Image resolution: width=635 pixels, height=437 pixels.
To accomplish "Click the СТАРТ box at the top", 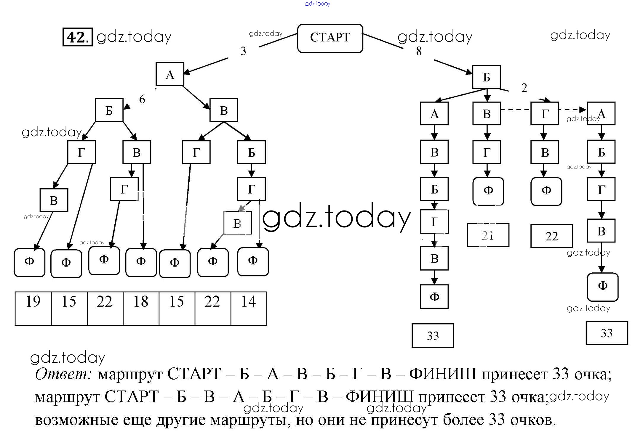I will pyautogui.click(x=330, y=38).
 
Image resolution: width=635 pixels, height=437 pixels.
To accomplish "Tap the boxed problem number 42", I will pyautogui.click(x=77, y=37).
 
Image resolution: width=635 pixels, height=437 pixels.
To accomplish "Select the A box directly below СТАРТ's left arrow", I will pyautogui.click(x=170, y=74).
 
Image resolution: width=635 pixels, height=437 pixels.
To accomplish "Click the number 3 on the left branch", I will pyautogui.click(x=243, y=51).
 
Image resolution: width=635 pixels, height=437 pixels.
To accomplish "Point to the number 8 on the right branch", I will pyautogui.click(x=419, y=51).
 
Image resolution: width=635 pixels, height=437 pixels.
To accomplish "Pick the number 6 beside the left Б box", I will pyautogui.click(x=142, y=99).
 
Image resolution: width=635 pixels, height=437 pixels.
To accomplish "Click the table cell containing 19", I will pyautogui.click(x=33, y=308).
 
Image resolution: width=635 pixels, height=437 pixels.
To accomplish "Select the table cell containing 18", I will pyautogui.click(x=141, y=308).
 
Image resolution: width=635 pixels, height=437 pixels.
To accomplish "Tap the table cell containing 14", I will pyautogui.click(x=248, y=308).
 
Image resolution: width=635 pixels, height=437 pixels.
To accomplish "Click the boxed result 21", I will pyautogui.click(x=488, y=235).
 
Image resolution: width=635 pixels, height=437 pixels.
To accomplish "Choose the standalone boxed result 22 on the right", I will pyautogui.click(x=551, y=236).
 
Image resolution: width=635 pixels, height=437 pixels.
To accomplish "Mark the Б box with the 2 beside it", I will pyautogui.click(x=486, y=77).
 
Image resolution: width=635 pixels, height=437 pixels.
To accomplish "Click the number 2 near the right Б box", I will pyautogui.click(x=524, y=88).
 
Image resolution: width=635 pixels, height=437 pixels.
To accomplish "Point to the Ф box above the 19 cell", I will pyautogui.click(x=29, y=262).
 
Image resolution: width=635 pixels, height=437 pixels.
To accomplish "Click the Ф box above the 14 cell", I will pyautogui.click(x=253, y=261).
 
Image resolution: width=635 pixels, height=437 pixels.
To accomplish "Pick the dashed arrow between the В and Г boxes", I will pyautogui.click(x=516, y=110).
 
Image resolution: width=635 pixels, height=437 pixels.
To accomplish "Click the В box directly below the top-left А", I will pyautogui.click(x=224, y=110).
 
